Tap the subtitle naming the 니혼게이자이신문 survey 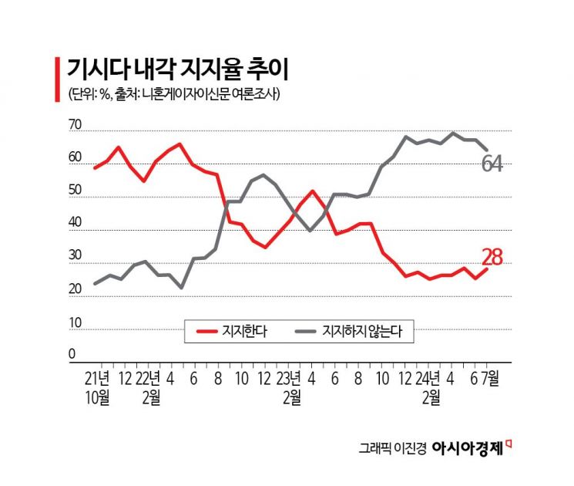173,95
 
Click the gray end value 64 492,164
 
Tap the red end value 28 492,258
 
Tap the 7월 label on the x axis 490,379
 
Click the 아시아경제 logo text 472,447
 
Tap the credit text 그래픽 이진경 391,448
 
